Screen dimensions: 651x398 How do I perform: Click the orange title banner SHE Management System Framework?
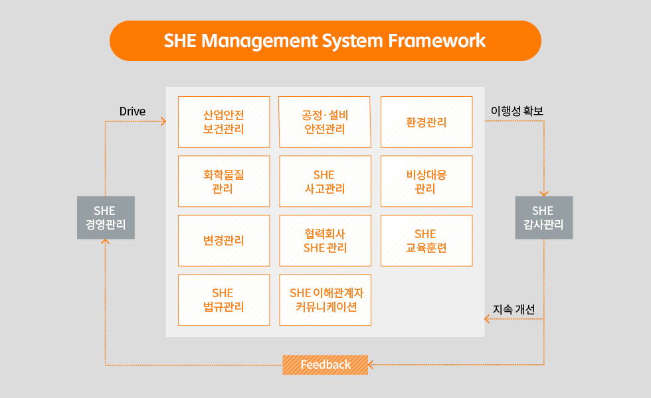tap(325, 40)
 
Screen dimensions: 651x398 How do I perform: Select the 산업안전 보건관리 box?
tap(224, 122)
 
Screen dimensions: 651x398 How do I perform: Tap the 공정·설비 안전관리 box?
tap(325, 122)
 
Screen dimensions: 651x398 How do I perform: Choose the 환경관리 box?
tap(426, 122)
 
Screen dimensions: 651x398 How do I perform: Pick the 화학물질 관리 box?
tap(224, 181)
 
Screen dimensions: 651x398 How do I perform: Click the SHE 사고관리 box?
tap(325, 181)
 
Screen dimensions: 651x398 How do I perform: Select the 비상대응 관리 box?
tap(426, 181)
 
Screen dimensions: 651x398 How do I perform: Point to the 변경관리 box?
tap(224, 240)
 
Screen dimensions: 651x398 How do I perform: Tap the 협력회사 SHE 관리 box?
tap(325, 240)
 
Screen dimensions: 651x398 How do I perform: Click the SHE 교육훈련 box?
tap(426, 240)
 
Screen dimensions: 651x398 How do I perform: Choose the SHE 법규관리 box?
tap(224, 300)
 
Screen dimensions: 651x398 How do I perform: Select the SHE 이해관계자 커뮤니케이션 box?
tap(325, 300)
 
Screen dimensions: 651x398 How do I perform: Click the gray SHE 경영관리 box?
tap(106, 218)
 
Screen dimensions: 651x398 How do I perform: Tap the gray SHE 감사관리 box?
tap(544, 218)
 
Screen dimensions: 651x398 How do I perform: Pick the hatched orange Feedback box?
tap(325, 365)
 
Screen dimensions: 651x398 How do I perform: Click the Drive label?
tap(132, 111)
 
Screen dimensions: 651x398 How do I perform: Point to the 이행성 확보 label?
tap(517, 111)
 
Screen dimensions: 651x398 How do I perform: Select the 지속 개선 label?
tap(513, 309)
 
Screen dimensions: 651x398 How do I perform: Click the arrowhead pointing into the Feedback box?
tap(371, 365)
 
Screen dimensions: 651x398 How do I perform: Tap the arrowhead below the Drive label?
tap(163, 121)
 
